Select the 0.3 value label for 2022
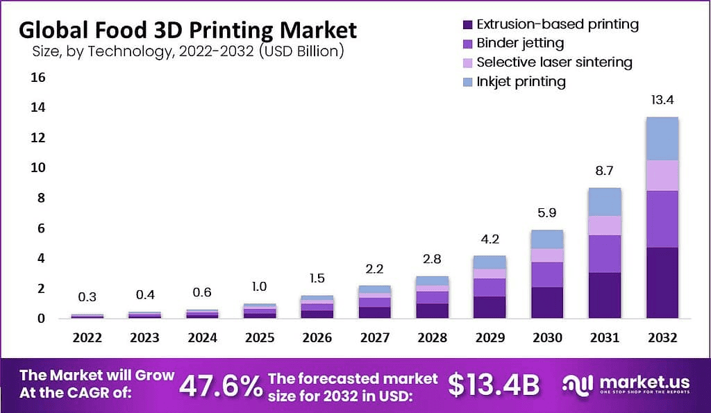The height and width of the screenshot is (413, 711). pos(87,297)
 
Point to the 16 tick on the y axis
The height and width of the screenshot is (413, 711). pos(37,77)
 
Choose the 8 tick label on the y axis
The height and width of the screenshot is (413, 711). pos(41,198)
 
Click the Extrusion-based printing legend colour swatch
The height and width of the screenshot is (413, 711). pos(467,25)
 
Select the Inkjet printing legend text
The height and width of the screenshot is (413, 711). pos(521,81)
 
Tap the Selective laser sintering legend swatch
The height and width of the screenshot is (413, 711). pos(467,62)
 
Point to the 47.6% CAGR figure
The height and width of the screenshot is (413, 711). pos(220,385)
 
